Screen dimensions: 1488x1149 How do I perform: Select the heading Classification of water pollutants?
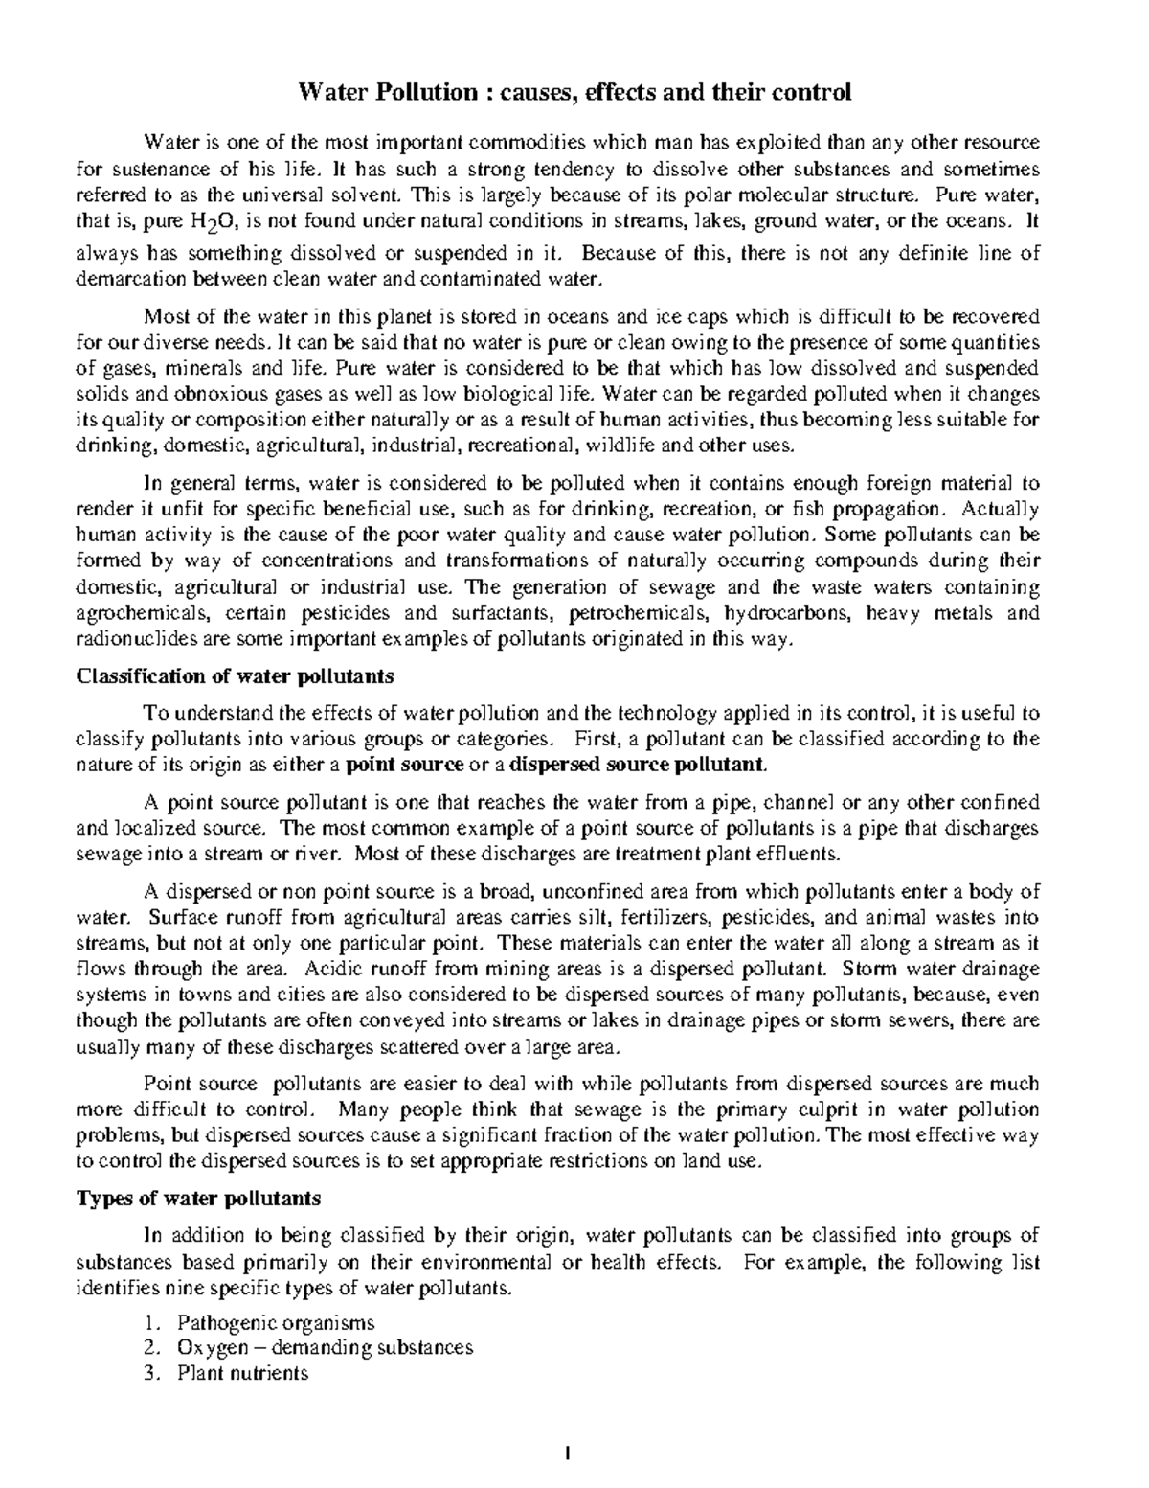pyautogui.click(x=235, y=675)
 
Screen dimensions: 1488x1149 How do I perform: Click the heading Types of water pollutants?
pyautogui.click(x=198, y=1198)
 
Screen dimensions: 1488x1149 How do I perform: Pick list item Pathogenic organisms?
pyautogui.click(x=275, y=1322)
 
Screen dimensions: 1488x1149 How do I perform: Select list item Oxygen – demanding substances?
pyautogui.click(x=325, y=1347)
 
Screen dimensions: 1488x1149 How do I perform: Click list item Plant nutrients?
pyautogui.click(x=242, y=1372)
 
